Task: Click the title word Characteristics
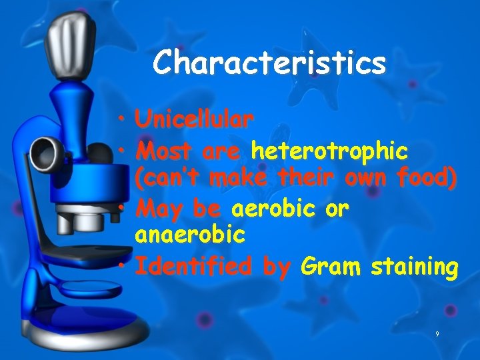pyautogui.click(x=269, y=63)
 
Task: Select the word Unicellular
pyautogui.click(x=194, y=120)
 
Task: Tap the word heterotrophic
pyautogui.click(x=329, y=152)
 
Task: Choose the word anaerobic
pyautogui.click(x=190, y=235)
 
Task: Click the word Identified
pyautogui.click(x=194, y=267)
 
